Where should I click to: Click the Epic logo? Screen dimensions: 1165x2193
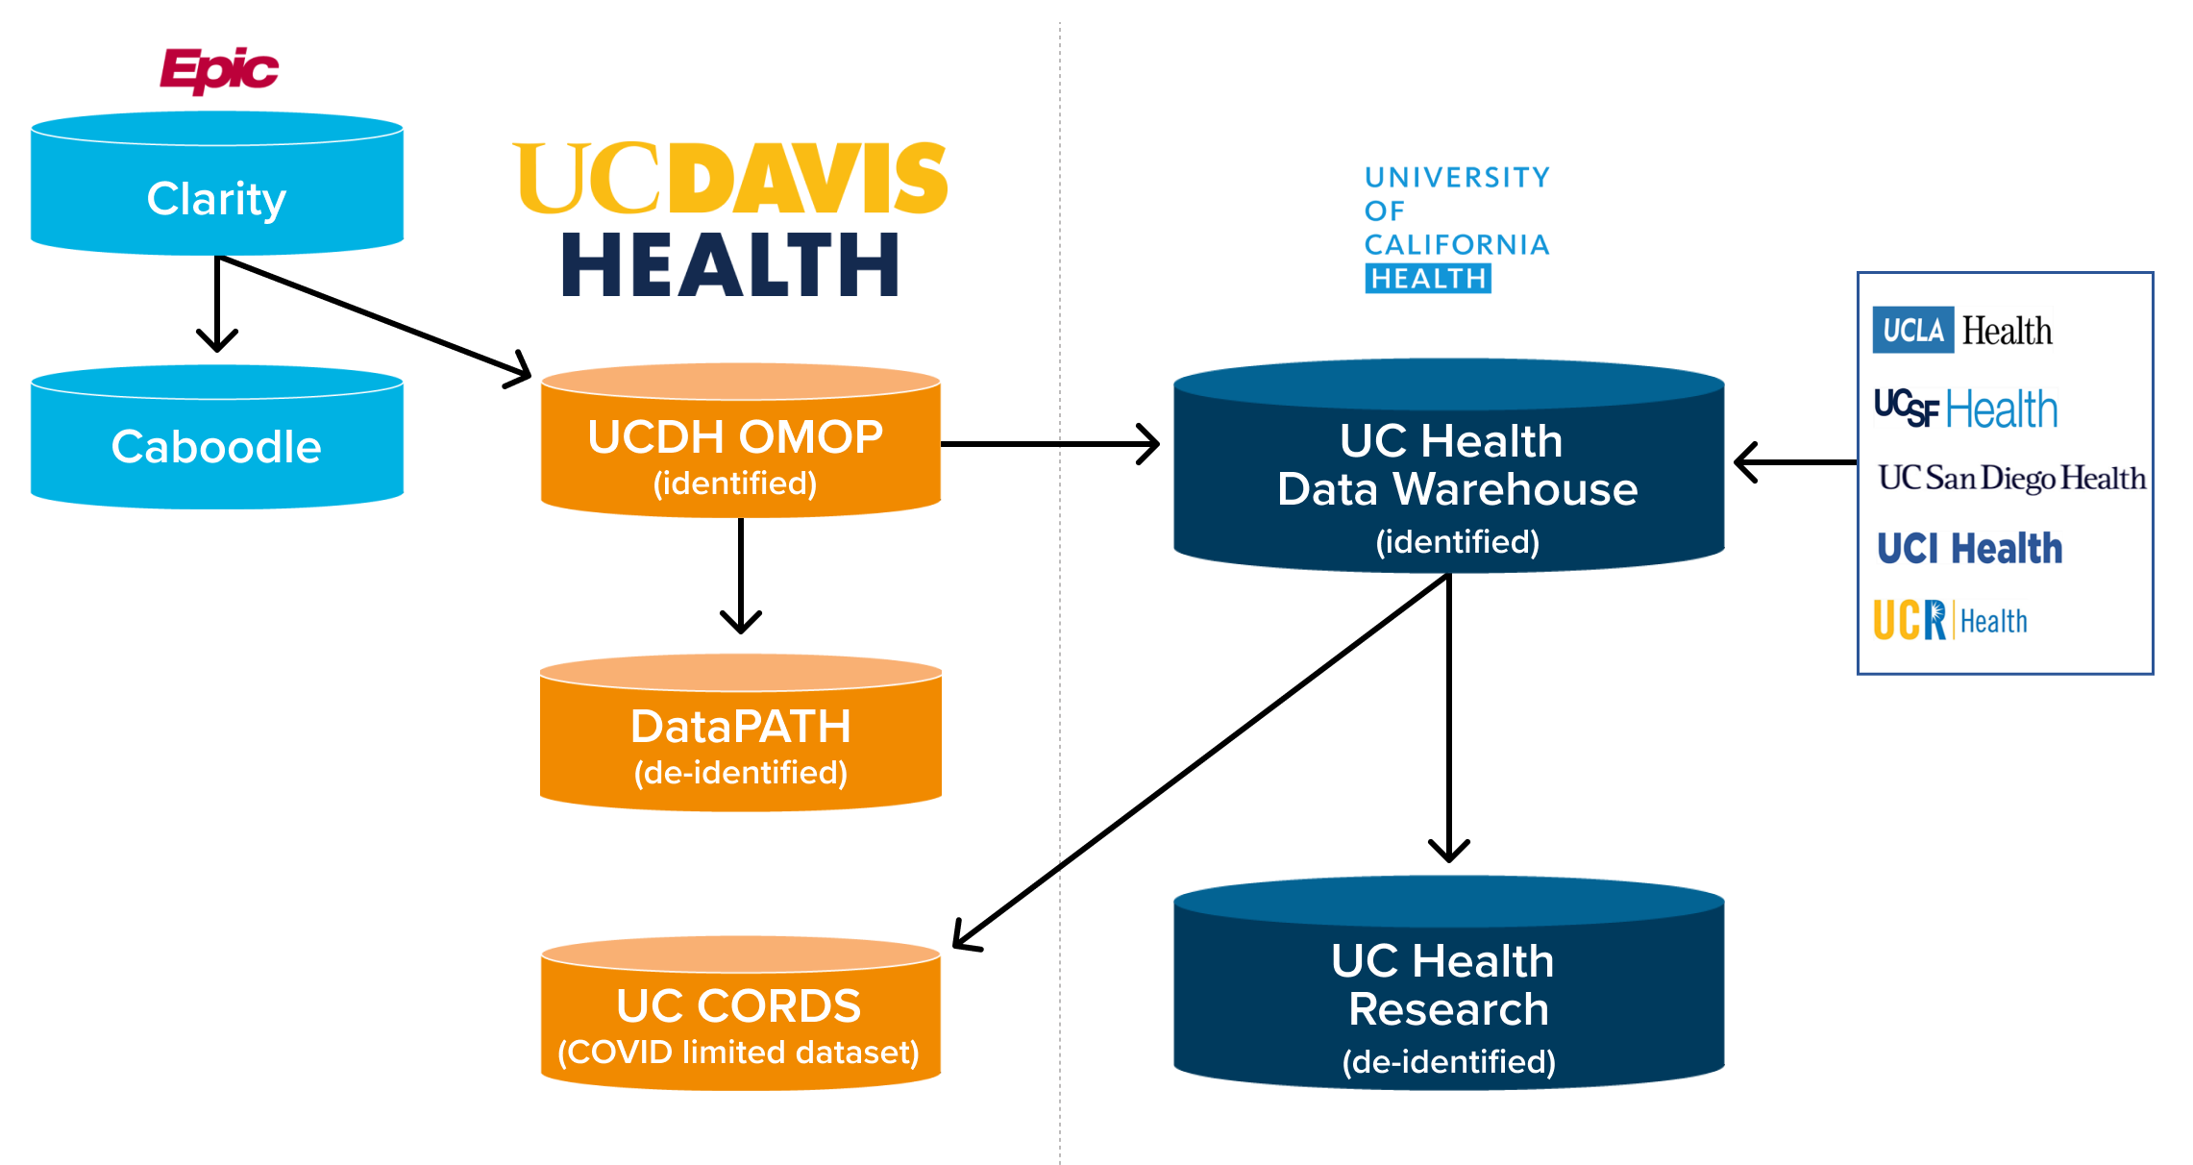[x=219, y=70]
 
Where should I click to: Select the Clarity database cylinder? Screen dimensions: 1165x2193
[x=217, y=187]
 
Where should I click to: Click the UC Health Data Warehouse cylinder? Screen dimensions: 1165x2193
[x=1449, y=471]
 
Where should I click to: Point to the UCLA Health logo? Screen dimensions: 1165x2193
[x=1962, y=331]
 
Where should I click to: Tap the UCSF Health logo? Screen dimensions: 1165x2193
[x=1966, y=409]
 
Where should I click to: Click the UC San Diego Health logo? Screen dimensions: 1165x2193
[x=2011, y=478]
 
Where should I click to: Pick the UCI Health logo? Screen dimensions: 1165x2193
[x=1970, y=549]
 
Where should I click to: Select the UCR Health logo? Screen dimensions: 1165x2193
[x=1951, y=621]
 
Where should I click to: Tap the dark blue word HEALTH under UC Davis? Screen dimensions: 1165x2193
[x=730, y=265]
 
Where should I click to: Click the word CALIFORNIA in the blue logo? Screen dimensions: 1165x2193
[x=1457, y=245]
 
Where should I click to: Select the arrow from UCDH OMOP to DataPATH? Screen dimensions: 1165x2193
[x=741, y=577]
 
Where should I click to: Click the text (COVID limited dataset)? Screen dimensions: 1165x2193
[x=739, y=1053]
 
